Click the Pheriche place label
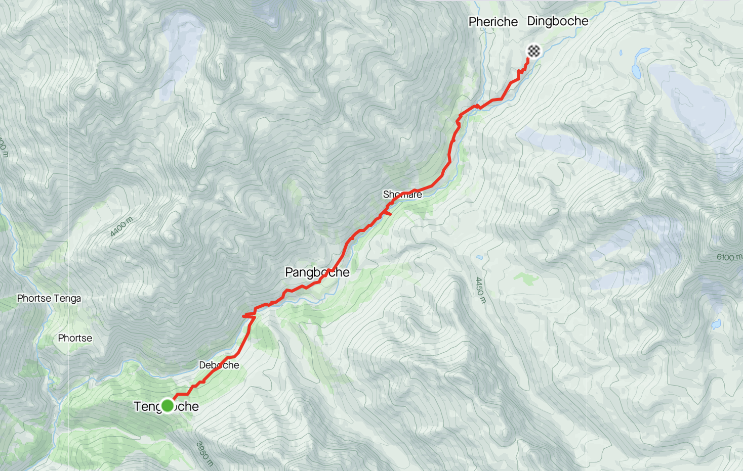pyautogui.click(x=493, y=22)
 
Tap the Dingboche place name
pyautogui.click(x=558, y=21)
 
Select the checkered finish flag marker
pyautogui.click(x=534, y=51)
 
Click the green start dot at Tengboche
pyautogui.click(x=168, y=406)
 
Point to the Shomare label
pyautogui.click(x=402, y=195)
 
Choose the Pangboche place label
pyautogui.click(x=317, y=272)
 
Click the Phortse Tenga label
pyautogui.click(x=49, y=298)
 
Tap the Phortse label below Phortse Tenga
pyautogui.click(x=75, y=338)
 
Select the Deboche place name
pyautogui.click(x=219, y=365)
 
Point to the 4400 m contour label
pyautogui.click(x=121, y=227)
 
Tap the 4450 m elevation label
pyautogui.click(x=480, y=290)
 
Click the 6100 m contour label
pyautogui.click(x=729, y=257)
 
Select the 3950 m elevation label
pyautogui.click(x=204, y=453)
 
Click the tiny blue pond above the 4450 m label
pyautogui.click(x=479, y=258)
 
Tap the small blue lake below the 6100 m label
pyautogui.click(x=716, y=323)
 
